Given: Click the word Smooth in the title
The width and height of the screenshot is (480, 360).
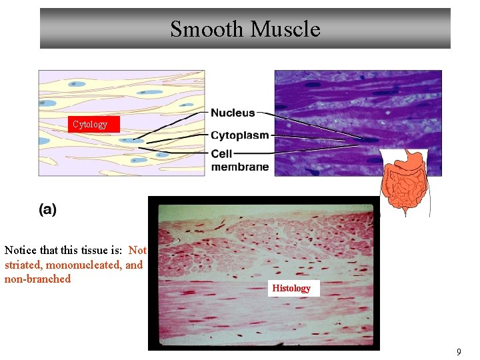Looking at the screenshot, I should [206, 29].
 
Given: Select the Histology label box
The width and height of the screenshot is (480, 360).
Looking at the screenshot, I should [291, 288].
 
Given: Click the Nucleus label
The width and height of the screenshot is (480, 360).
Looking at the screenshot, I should [233, 113].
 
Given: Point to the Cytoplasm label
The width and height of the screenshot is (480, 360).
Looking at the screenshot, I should [240, 135].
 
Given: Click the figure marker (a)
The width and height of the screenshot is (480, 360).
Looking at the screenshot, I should [47, 209].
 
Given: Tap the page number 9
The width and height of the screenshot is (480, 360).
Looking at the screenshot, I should [459, 351].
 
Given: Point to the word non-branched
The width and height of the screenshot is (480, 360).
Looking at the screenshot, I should [37, 279].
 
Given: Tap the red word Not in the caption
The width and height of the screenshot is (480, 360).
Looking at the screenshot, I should [137, 251].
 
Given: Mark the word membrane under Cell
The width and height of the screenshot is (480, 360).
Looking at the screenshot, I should [240, 167].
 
